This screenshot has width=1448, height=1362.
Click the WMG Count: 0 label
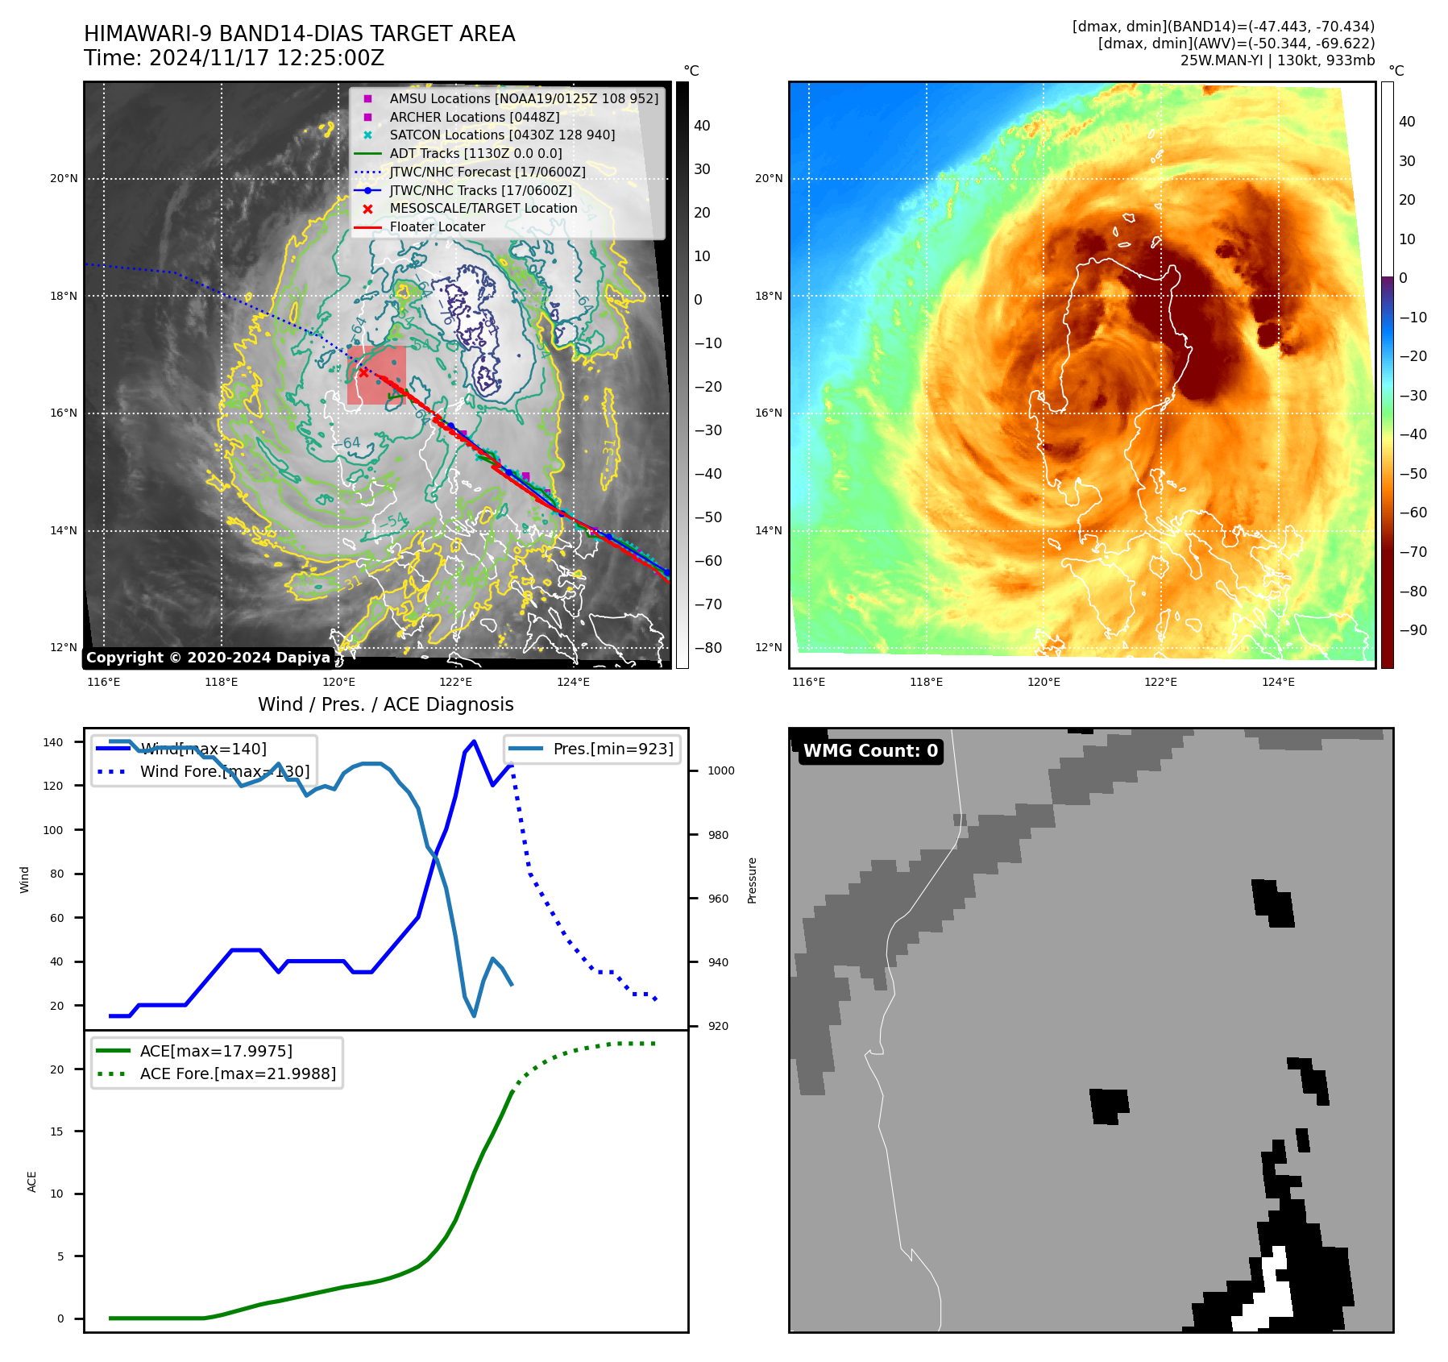tap(870, 751)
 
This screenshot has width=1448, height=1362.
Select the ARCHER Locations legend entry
tap(474, 117)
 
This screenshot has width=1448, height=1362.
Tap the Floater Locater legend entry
tap(437, 227)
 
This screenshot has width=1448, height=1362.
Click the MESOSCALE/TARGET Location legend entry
tap(483, 209)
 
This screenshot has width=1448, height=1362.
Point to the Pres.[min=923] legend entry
tap(612, 749)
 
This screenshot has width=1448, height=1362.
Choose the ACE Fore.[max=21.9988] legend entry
tap(238, 1073)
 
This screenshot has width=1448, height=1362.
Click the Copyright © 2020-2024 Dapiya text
tap(208, 658)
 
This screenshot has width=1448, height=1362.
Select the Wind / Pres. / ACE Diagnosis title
tap(385, 704)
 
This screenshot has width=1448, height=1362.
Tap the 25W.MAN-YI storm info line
tap(1277, 60)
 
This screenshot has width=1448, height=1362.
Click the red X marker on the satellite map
tap(363, 372)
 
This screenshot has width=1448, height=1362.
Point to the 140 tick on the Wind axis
tap(52, 742)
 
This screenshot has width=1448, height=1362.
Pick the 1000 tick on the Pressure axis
tap(720, 770)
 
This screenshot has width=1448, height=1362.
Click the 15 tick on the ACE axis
tap(56, 1132)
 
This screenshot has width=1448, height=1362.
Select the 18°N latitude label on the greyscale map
tap(64, 296)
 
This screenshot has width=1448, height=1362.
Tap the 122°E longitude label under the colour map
tap(1160, 682)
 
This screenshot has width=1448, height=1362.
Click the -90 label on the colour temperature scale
tap(1413, 630)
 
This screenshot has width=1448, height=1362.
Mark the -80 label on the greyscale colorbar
tap(708, 648)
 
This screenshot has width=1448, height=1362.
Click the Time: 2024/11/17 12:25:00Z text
tap(234, 58)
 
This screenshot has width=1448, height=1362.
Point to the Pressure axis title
tap(752, 880)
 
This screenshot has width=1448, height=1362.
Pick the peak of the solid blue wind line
tap(474, 741)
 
